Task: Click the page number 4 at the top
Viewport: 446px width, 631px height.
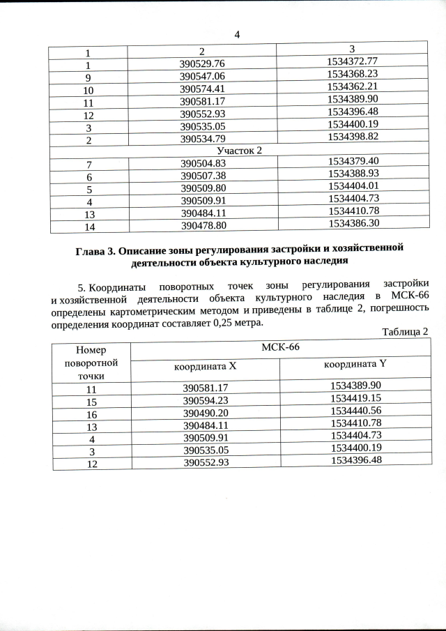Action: [x=237, y=35]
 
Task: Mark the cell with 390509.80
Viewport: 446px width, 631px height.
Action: [x=204, y=188]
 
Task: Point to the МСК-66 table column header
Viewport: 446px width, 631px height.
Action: [x=278, y=347]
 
